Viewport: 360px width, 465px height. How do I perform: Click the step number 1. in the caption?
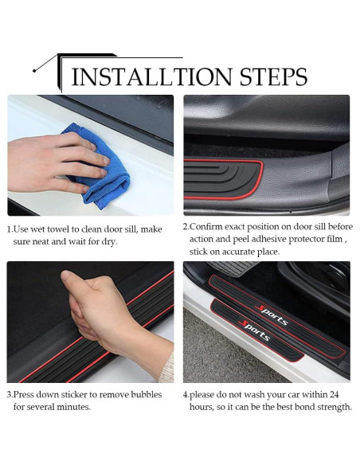11,229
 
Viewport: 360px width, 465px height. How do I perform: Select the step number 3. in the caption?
11,395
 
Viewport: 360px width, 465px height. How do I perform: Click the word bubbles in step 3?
145,395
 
